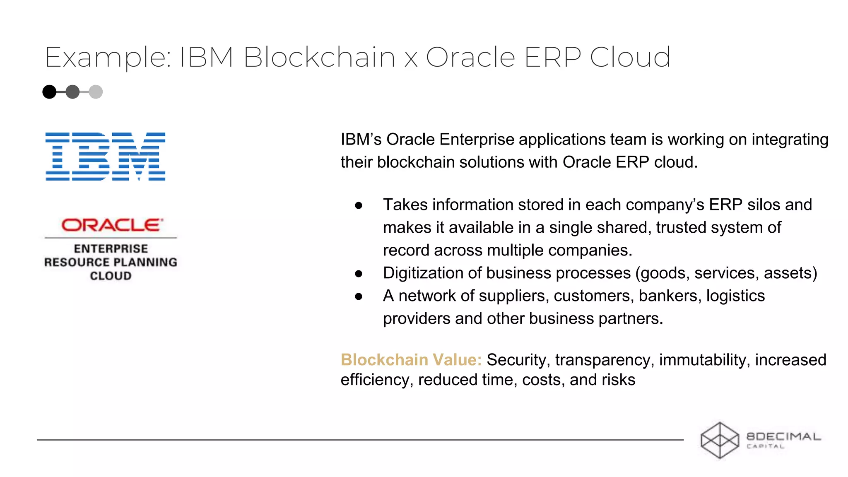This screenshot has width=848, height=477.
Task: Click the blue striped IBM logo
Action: [x=105, y=157]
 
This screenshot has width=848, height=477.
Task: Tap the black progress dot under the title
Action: [x=50, y=92]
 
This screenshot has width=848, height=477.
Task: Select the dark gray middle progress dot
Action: [x=73, y=92]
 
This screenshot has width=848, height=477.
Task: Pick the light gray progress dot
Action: [x=96, y=92]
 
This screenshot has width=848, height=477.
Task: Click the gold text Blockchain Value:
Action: [x=411, y=360]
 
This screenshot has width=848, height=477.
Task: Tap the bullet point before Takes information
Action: [x=359, y=205]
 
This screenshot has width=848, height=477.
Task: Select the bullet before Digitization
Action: [x=359, y=274]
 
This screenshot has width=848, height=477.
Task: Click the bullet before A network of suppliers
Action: [x=359, y=296]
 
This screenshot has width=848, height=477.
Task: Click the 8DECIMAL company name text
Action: [x=783, y=436]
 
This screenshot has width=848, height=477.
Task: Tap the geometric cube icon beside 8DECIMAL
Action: [x=720, y=440]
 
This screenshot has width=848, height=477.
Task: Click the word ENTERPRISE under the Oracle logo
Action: [x=111, y=249]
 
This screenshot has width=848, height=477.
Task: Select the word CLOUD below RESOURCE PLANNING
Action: [x=111, y=276]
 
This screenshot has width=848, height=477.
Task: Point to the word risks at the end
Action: [x=619, y=380]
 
